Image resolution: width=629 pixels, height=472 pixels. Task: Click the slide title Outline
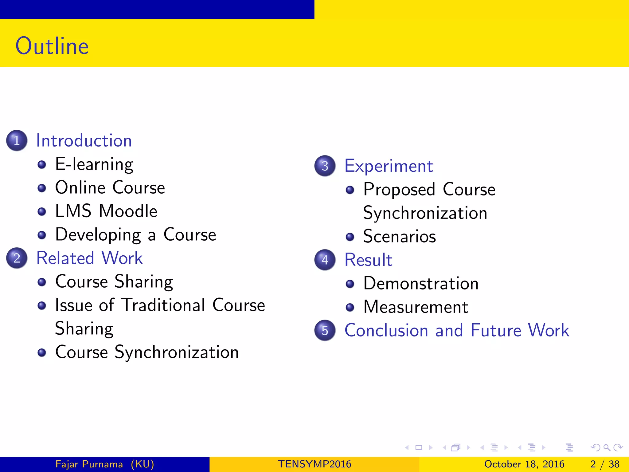coord(52,46)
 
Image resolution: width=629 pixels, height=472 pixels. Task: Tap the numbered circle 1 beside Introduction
coord(17,140)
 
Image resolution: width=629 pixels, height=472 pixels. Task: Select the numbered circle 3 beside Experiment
coord(325,166)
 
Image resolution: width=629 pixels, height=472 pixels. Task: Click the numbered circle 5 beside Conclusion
coord(325,330)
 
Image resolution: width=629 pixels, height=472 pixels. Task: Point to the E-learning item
coord(94,164)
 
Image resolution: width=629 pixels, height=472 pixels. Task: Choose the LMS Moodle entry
coord(106,211)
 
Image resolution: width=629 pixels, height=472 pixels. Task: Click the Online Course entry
coord(110,187)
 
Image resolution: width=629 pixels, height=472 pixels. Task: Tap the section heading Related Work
coord(89,258)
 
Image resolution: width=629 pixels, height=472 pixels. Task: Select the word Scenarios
coord(399,236)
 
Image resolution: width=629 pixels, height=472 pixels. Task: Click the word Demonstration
coord(421,283)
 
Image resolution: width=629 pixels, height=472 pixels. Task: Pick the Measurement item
coord(416,307)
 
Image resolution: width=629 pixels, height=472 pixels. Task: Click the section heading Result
coord(368,260)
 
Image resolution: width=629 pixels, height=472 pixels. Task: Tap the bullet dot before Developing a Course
coord(42,235)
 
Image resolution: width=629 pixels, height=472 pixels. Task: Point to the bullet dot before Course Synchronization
coord(42,352)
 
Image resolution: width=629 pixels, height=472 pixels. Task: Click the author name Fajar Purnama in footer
coord(89,464)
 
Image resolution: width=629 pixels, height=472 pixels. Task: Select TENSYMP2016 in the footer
coord(314,464)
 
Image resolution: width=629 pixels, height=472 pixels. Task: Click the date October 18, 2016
coord(524,464)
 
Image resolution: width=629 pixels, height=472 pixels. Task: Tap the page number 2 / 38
coord(605,464)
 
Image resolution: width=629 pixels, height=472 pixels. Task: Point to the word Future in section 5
coord(496,330)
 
